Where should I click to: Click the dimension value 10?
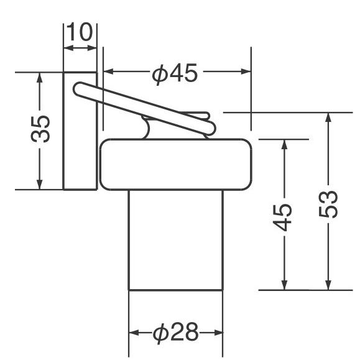click(x=80, y=32)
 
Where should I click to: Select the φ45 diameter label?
click(x=175, y=73)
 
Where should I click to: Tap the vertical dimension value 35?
click(x=40, y=129)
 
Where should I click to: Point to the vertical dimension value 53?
click(x=328, y=204)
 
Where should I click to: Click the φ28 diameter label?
click(x=175, y=332)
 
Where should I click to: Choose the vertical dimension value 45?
click(x=282, y=218)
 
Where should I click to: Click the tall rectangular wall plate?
click(x=80, y=131)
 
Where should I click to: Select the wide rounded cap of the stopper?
click(x=175, y=164)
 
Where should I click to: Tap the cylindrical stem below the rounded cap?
click(x=176, y=241)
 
